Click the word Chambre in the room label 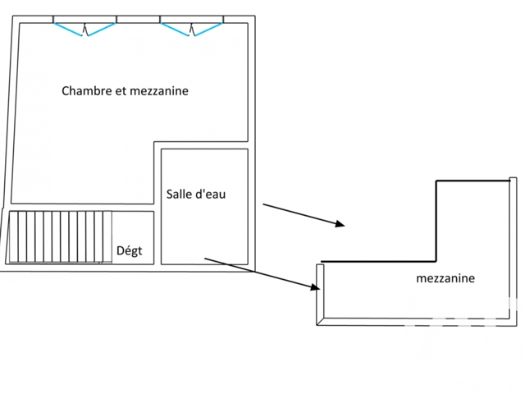pos(87,91)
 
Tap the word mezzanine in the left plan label pos(159,91)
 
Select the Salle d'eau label pos(196,195)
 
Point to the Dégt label pos(130,250)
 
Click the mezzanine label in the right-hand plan pos(445,278)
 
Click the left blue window pos(85,30)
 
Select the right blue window pos(191,30)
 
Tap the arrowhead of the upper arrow pos(340,224)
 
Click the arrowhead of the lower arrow pos(315,286)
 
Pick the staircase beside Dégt pos(60,237)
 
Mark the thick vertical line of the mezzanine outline pos(436,221)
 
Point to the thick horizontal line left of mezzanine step pos(378,261)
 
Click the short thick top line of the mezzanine pos(472,181)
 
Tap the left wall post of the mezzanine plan pos(320,294)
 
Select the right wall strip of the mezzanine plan pos(513,251)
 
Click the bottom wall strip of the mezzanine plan pos(417,322)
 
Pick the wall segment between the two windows pos(138,20)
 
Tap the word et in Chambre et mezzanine pos(121,91)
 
